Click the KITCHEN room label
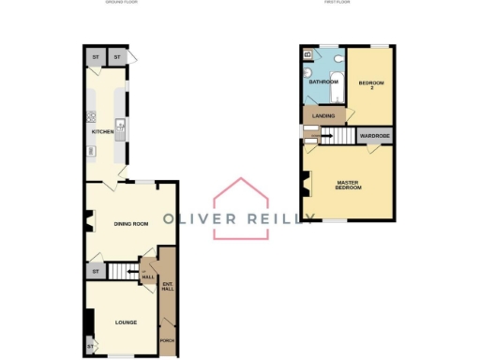(102, 132)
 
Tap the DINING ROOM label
(131, 223)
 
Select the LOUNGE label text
(126, 322)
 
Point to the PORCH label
(167, 340)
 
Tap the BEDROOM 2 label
(370, 85)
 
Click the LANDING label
(322, 116)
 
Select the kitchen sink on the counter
(120, 126)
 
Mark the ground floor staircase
(123, 272)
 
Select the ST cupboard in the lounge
(91, 347)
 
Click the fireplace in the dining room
(88, 222)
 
